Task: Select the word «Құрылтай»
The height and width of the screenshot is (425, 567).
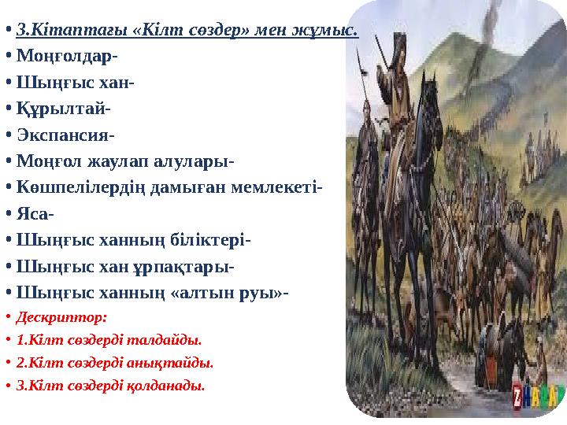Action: pos(60,109)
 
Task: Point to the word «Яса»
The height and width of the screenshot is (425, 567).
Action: pos(33,213)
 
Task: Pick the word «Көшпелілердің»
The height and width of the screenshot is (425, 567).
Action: pos(72,187)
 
